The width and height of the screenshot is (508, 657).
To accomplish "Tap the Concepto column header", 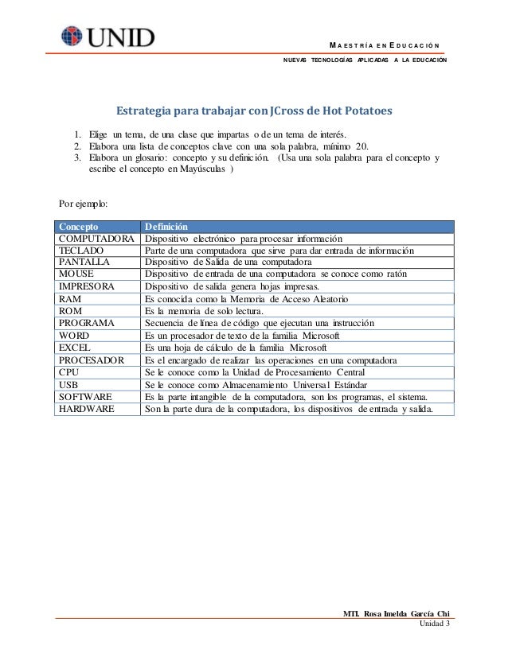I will click(80, 227).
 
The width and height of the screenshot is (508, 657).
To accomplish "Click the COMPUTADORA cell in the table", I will click(96, 239).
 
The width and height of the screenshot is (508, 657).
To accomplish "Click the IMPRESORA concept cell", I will click(88, 286).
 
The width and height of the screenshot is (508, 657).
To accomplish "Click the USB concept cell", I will click(70, 384).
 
